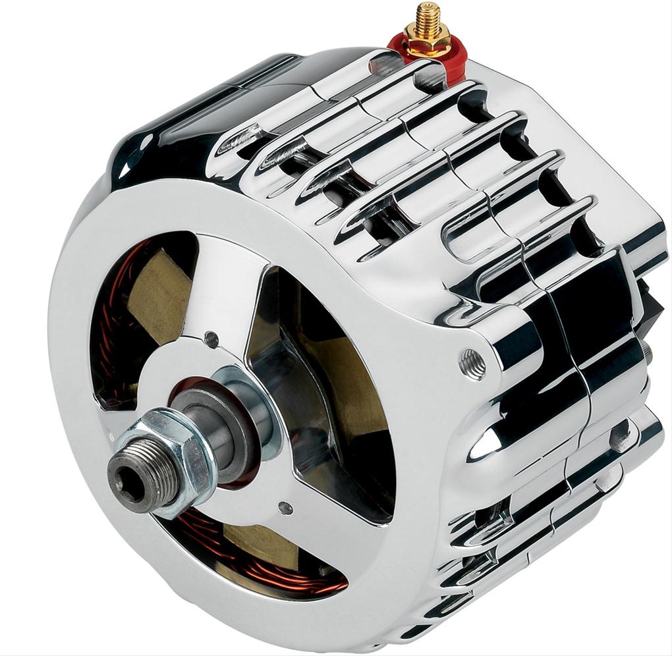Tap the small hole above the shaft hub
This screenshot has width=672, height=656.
pos(211,340)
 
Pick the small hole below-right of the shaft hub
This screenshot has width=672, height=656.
pos(285,508)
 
